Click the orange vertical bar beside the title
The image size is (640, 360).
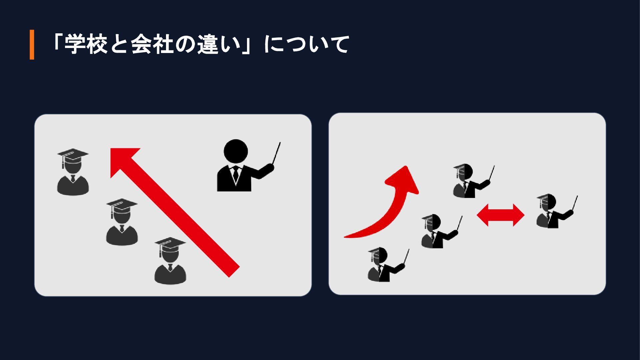pos(32,45)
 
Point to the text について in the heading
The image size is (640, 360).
pos(306,45)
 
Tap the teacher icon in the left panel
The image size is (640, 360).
pos(249,166)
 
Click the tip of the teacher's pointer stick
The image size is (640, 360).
pos(280,143)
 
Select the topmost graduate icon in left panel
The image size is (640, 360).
pos(73,172)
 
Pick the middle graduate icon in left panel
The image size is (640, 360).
pos(122,222)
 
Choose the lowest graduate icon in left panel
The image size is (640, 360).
pos(170,261)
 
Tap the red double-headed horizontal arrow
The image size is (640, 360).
pos(501,215)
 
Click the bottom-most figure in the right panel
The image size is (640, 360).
pos(388,265)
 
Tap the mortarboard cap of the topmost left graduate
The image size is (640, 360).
pos(73,155)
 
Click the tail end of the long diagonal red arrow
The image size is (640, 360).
pos(234,272)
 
